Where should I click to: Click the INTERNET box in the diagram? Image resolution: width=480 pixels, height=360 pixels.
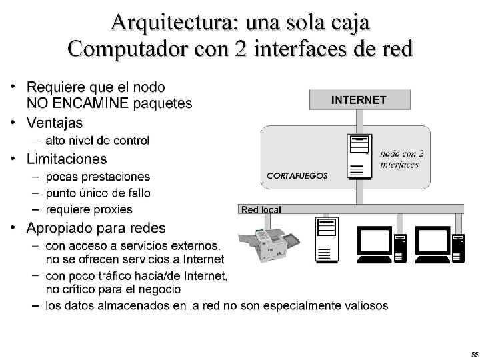point(359,100)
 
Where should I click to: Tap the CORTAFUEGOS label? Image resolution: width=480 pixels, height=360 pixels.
point(297,175)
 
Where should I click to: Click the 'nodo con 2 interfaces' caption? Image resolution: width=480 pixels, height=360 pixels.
point(402,159)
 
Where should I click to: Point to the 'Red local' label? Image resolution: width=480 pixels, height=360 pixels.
point(261,209)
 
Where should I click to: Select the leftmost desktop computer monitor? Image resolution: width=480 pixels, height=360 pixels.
point(374,244)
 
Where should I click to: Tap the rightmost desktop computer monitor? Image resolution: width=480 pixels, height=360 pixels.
point(433,244)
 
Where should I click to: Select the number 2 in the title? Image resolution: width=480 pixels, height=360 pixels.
point(240,48)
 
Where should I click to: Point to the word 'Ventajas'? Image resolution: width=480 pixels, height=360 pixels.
point(55,123)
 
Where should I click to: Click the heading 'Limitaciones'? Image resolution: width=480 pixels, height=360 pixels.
point(67,159)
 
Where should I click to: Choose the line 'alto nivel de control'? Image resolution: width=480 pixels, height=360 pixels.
point(97,141)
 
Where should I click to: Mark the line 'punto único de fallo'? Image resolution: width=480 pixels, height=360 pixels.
point(98,193)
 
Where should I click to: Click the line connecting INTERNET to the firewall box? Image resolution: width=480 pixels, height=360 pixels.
point(359,117)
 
